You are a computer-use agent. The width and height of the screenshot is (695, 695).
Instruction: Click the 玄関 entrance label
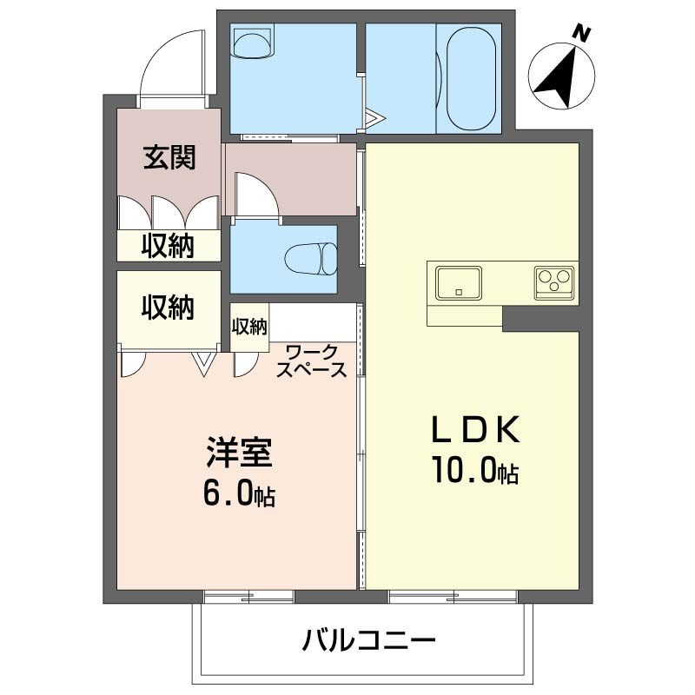pos(169,157)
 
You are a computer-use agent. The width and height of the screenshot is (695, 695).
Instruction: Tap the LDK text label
pos(476,429)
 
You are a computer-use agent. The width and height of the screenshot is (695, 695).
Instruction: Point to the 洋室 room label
pos(238,453)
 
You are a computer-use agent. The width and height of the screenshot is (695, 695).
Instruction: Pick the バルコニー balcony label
pos(368,640)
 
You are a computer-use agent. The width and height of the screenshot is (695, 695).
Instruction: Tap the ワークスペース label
pos(311,362)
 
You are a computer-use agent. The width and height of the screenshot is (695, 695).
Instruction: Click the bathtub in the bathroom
pos(471,77)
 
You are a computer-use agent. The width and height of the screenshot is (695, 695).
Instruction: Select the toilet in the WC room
pos(311,259)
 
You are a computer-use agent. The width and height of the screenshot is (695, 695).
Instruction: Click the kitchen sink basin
pos(459,283)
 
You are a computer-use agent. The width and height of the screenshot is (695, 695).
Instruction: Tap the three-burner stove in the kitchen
pos(553,282)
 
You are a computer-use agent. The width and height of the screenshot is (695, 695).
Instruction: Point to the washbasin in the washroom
pos(252,43)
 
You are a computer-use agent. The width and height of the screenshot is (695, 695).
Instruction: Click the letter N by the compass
pos(582,34)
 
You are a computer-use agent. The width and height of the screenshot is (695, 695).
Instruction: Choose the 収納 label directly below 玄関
pos(168,245)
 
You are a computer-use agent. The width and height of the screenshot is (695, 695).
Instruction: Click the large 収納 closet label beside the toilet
pos(168,308)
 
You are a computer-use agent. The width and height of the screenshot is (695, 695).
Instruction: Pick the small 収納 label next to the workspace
pos(249,327)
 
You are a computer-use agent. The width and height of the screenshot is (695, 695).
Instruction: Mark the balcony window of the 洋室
pos(248,597)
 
